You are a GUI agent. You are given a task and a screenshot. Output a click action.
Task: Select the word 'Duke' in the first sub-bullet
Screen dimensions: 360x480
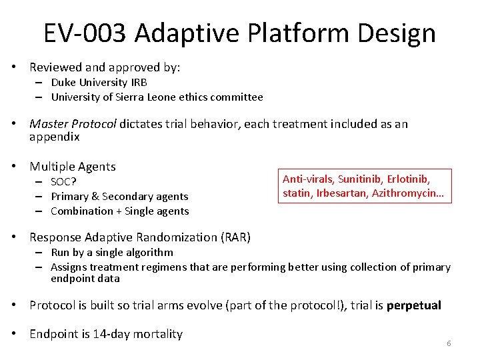(63, 83)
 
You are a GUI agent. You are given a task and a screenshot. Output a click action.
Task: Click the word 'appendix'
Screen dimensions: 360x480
(54, 137)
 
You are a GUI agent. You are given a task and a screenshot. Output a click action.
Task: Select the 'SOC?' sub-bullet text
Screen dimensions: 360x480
(63, 182)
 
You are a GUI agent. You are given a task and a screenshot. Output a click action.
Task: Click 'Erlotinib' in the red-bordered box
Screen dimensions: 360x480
(410, 179)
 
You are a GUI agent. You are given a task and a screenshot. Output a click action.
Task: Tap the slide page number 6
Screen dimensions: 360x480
(449, 343)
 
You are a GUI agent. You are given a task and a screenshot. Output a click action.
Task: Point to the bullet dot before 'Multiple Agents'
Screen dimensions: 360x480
(21, 167)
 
